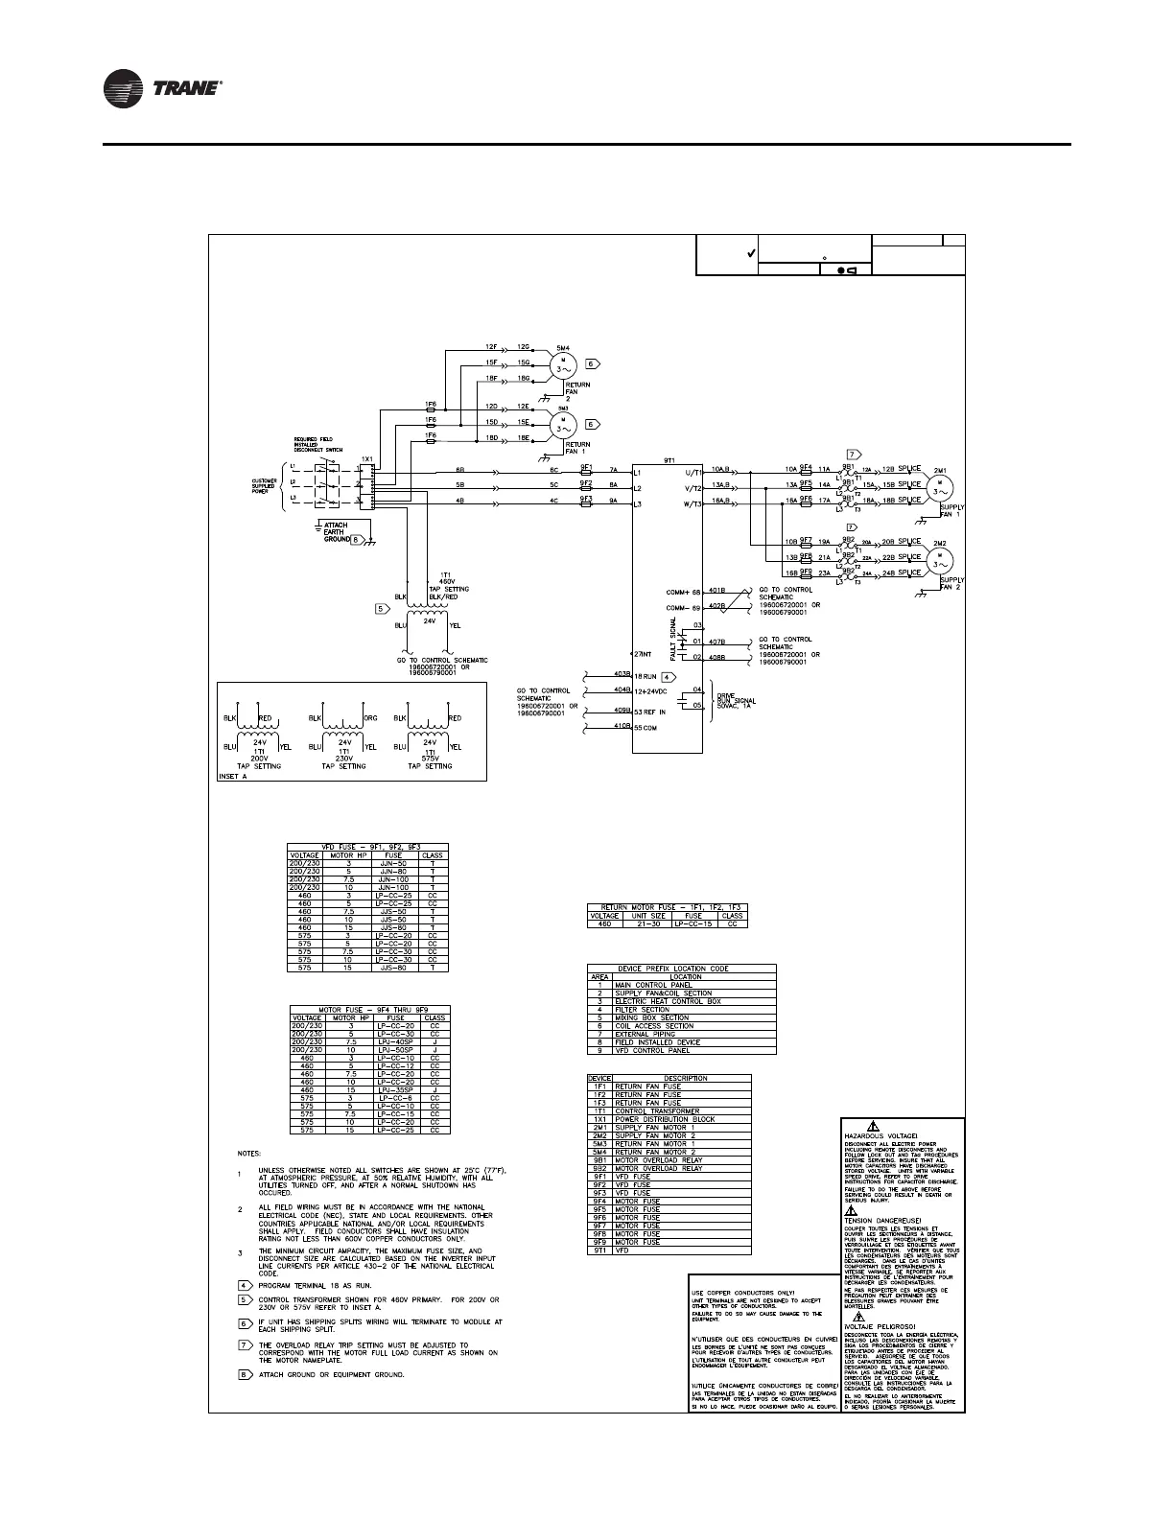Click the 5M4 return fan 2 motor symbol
click(x=560, y=365)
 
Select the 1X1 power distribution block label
click(x=366, y=458)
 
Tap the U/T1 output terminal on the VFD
click(x=690, y=473)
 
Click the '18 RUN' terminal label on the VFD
click(x=646, y=677)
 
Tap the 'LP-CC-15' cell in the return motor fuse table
click(x=693, y=924)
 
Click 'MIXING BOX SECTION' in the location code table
click(x=653, y=1017)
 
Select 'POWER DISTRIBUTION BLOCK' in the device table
click(x=665, y=1120)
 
